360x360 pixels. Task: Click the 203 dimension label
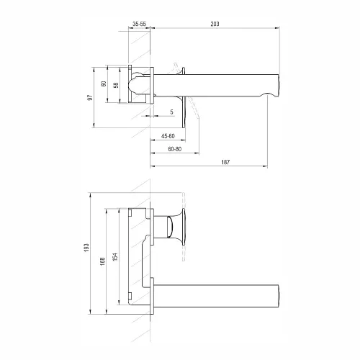(215, 24)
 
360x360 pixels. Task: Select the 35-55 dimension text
(139, 24)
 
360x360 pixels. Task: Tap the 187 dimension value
(225, 162)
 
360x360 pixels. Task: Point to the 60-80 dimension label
(175, 149)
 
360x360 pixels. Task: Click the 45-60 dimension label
(168, 136)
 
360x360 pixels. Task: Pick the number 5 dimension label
(171, 112)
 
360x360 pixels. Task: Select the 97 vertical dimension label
(90, 97)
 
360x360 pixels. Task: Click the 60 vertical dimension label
(104, 84)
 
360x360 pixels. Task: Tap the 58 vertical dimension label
(116, 85)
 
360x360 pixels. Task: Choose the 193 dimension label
(86, 248)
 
